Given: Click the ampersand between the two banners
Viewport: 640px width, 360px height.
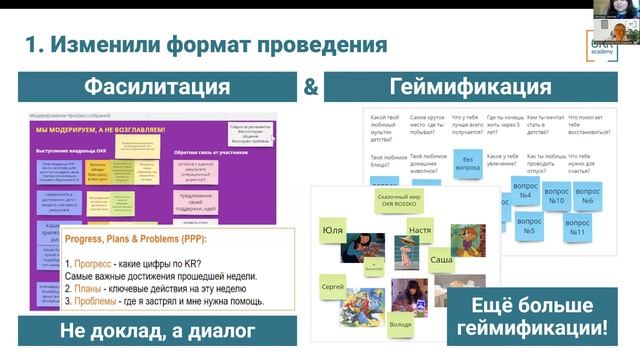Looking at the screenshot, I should (x=311, y=87).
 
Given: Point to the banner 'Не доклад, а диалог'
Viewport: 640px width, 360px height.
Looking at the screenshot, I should (x=158, y=331).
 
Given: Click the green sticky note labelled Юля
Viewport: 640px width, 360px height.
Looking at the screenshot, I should (x=333, y=229).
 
